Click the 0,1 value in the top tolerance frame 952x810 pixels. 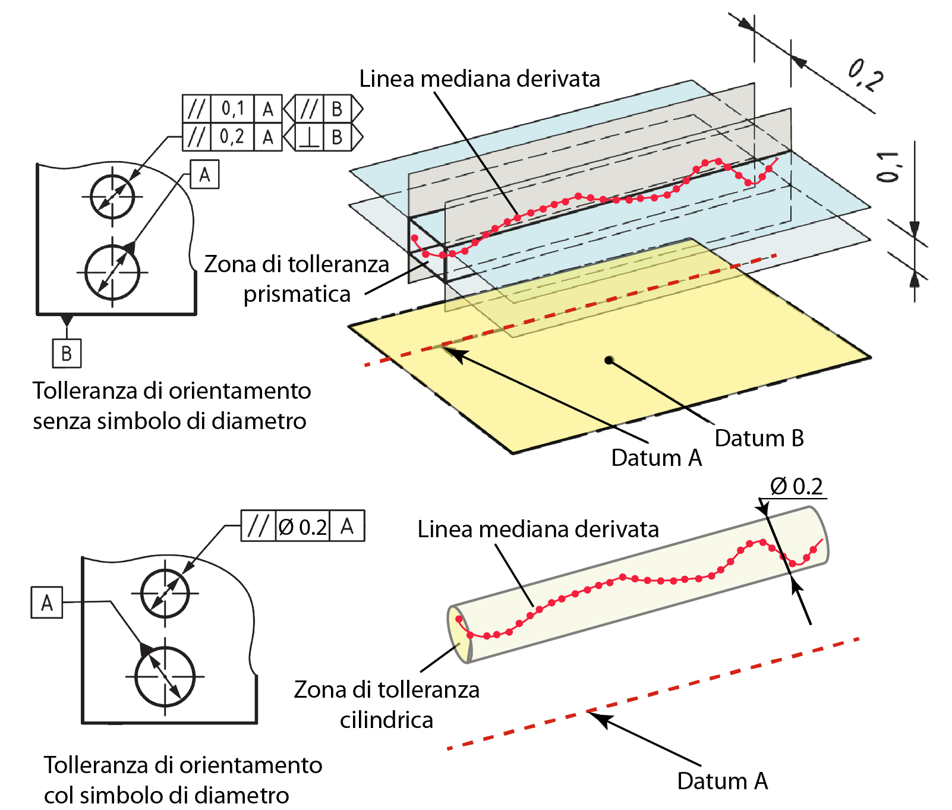233,109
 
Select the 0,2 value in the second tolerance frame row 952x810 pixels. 232,137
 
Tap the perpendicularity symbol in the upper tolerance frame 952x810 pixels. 309,137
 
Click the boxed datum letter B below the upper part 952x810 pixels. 67,354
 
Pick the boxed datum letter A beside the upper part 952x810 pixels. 204,175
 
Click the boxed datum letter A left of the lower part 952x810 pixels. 47,603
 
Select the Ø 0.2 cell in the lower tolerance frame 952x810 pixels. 302,526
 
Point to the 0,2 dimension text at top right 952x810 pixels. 865,75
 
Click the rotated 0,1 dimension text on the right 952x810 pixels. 888,167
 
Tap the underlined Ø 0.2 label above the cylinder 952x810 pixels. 796,487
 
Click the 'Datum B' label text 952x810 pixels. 759,439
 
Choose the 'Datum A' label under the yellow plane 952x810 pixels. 657,458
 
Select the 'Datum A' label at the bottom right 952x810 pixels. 722,781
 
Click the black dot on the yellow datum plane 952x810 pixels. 609,360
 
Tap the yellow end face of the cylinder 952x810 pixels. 459,634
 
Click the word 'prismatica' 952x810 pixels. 297,294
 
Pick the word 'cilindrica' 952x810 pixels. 386,720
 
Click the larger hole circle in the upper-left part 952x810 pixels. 112,273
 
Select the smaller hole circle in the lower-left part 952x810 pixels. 165,593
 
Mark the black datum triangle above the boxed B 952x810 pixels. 67,320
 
